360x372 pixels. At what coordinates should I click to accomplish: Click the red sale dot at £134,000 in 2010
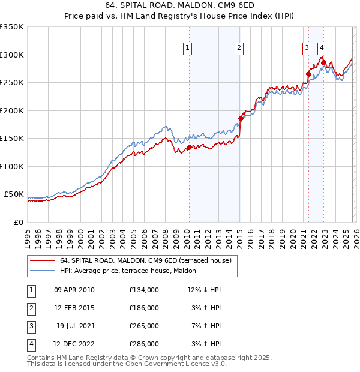189,147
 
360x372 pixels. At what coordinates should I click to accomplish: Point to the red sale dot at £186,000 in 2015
241,118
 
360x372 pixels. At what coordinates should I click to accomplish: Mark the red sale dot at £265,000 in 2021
308,74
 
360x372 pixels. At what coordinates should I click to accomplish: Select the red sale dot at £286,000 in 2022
323,62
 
